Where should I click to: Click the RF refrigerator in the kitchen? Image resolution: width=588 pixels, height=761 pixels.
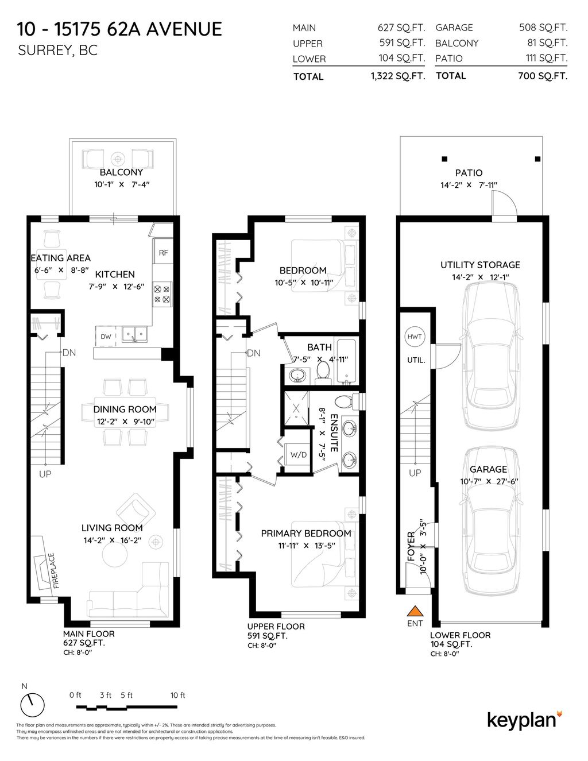coord(163,252)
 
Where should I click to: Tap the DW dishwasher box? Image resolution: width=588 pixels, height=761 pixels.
coord(106,337)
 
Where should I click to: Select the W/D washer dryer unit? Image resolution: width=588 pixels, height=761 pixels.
coord(298,454)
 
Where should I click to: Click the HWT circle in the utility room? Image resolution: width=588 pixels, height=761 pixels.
coord(414,337)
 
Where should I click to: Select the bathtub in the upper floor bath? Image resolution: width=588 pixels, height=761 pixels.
coord(347,362)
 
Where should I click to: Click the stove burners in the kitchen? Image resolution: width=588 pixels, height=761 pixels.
coord(161,295)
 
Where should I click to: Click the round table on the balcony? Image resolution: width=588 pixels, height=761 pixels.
coord(118,159)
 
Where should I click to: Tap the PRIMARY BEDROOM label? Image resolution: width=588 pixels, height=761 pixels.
coord(305,534)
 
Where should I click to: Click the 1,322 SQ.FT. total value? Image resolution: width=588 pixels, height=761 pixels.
coord(398,76)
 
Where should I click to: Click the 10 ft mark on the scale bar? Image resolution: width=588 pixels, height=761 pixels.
coord(178,696)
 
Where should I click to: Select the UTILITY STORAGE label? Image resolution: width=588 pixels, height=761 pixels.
coord(480,265)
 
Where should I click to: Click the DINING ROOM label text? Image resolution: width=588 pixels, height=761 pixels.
coord(125,410)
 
